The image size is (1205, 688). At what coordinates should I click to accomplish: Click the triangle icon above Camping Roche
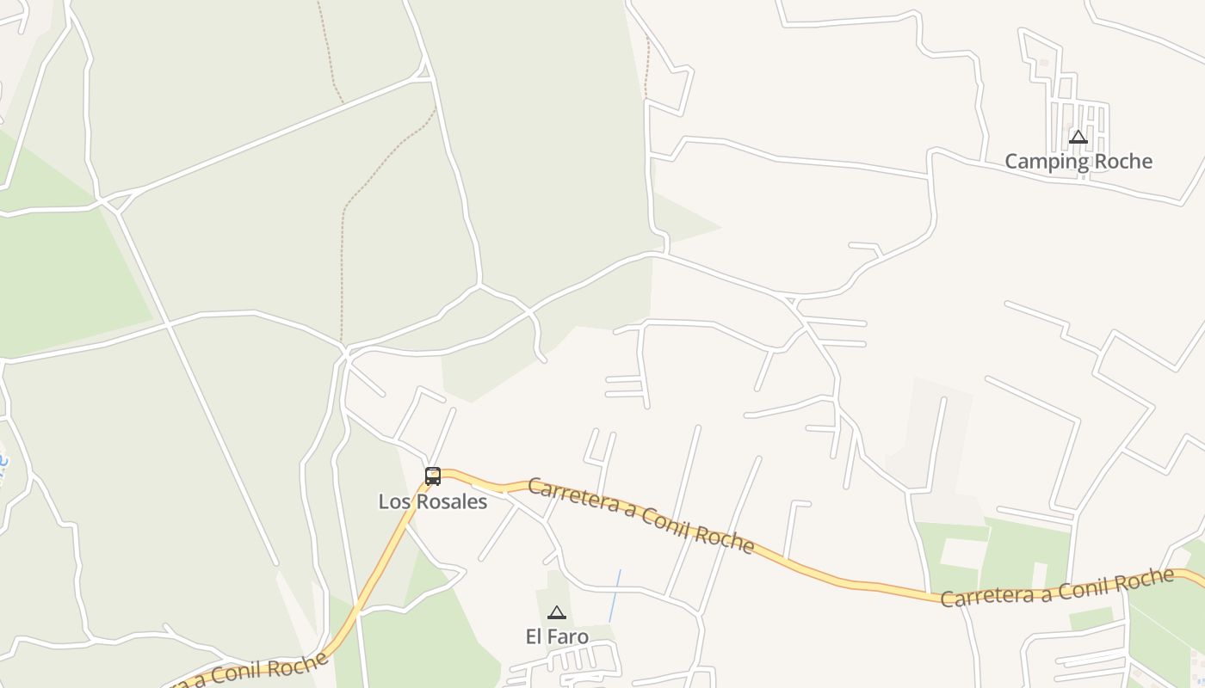point(1078,137)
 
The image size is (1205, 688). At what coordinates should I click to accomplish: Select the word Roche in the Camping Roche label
point(1122,162)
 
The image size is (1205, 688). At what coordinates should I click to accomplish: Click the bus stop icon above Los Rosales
point(433,476)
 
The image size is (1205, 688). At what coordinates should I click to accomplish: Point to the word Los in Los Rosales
point(392,501)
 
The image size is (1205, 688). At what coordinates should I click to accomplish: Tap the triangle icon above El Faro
point(557,612)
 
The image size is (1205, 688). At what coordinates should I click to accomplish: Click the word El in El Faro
point(535,637)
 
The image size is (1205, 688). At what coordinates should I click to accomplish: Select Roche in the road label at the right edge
point(1146,578)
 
